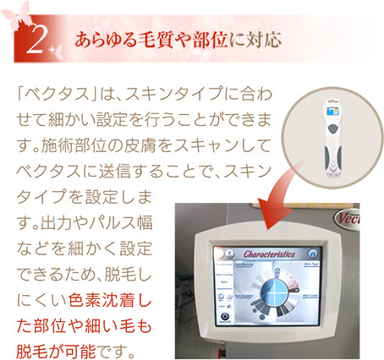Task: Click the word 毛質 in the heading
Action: [x=152, y=40]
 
